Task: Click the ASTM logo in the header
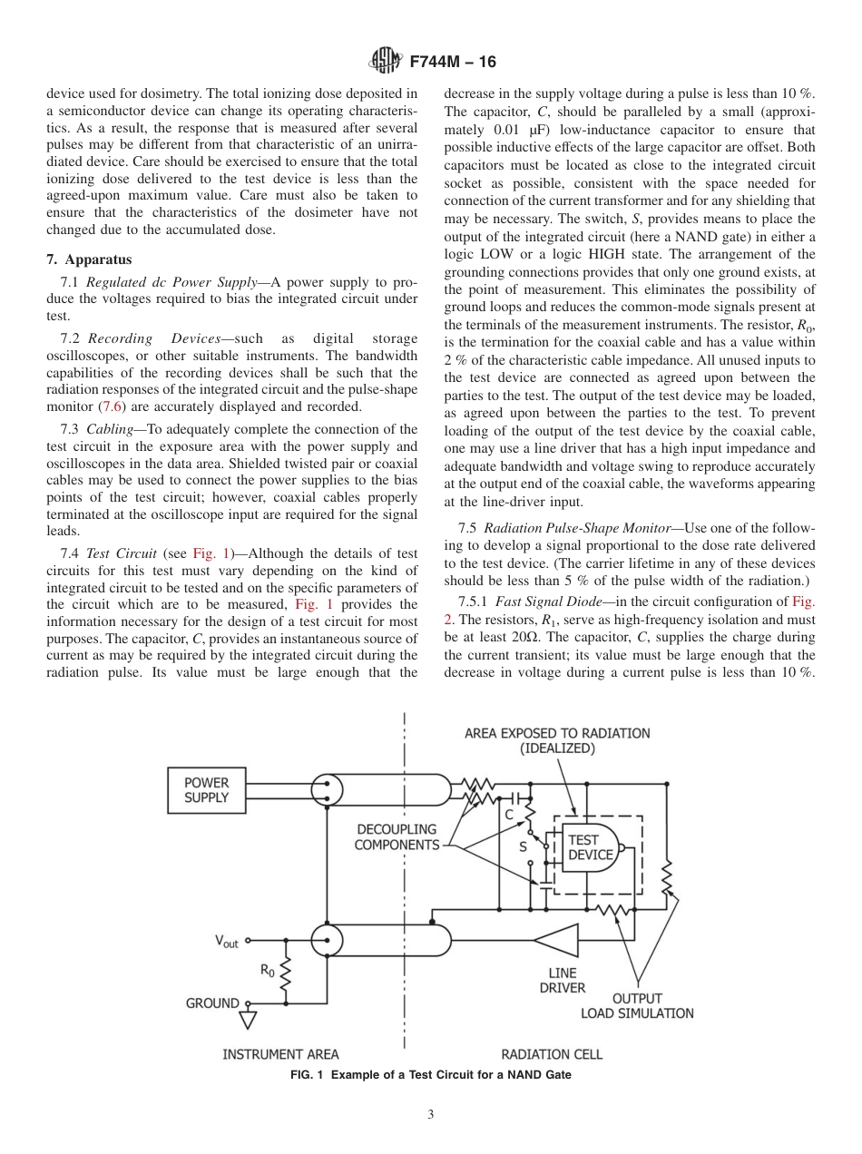tap(387, 62)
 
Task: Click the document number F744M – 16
tap(453, 63)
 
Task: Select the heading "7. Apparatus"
tap(89, 259)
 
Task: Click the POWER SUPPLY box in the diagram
tap(206, 790)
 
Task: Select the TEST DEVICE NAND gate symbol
tap(591, 848)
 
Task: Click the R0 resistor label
tap(268, 970)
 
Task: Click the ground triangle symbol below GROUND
tap(248, 1022)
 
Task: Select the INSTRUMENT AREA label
tap(280, 1054)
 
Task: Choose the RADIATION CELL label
tap(552, 1054)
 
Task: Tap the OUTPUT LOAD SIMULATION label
tap(637, 1006)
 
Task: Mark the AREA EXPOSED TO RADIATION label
tap(557, 740)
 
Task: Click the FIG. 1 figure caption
tap(430, 1075)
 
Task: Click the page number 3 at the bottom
tap(431, 1115)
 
